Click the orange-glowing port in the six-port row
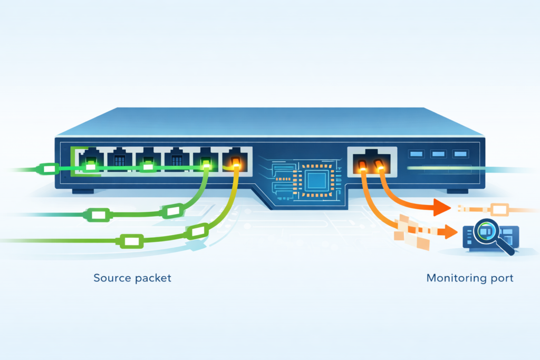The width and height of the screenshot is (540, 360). pos(235,160)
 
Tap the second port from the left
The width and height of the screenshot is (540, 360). pos(119,159)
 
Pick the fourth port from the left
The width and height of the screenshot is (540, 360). pos(176,159)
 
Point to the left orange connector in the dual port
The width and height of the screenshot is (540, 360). pos(362,167)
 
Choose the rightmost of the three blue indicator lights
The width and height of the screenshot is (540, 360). pos(460,154)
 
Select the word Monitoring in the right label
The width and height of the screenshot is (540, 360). pos(451,278)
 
